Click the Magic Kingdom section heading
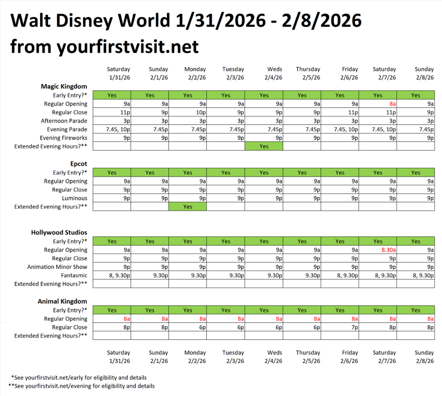click(x=64, y=86)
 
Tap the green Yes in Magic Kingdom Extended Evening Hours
click(x=264, y=146)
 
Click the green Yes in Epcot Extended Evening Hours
click(x=188, y=207)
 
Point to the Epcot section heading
click(x=78, y=164)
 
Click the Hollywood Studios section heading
click(x=59, y=233)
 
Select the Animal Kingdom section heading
click(x=62, y=301)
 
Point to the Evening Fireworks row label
click(x=63, y=138)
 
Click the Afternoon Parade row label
click(x=64, y=121)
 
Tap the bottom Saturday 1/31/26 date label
click(x=119, y=357)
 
